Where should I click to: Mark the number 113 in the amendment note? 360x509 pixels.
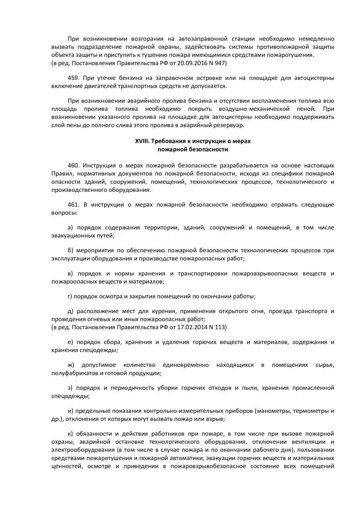(221, 327)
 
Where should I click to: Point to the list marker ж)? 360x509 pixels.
(71, 365)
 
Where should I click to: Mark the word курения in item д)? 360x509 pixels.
(155, 311)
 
